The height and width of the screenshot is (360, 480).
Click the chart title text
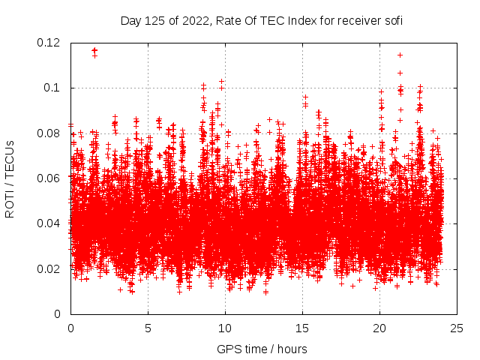[261, 20]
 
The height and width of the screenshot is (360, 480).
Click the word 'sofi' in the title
[392, 20]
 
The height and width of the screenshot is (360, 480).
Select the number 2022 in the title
[193, 20]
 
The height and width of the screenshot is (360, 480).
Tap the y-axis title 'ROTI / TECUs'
[10, 178]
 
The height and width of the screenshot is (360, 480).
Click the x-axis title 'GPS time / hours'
[261, 349]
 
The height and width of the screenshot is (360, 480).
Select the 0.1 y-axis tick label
[55, 88]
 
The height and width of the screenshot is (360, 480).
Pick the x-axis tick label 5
[148, 328]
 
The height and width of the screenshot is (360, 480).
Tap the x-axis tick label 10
[225, 328]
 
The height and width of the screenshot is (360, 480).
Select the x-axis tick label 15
[302, 328]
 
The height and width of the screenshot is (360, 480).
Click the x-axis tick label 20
[379, 328]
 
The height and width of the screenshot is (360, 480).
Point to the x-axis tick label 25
[457, 328]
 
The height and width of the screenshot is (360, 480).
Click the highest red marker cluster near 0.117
[94, 51]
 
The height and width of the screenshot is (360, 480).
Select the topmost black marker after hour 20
[400, 55]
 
